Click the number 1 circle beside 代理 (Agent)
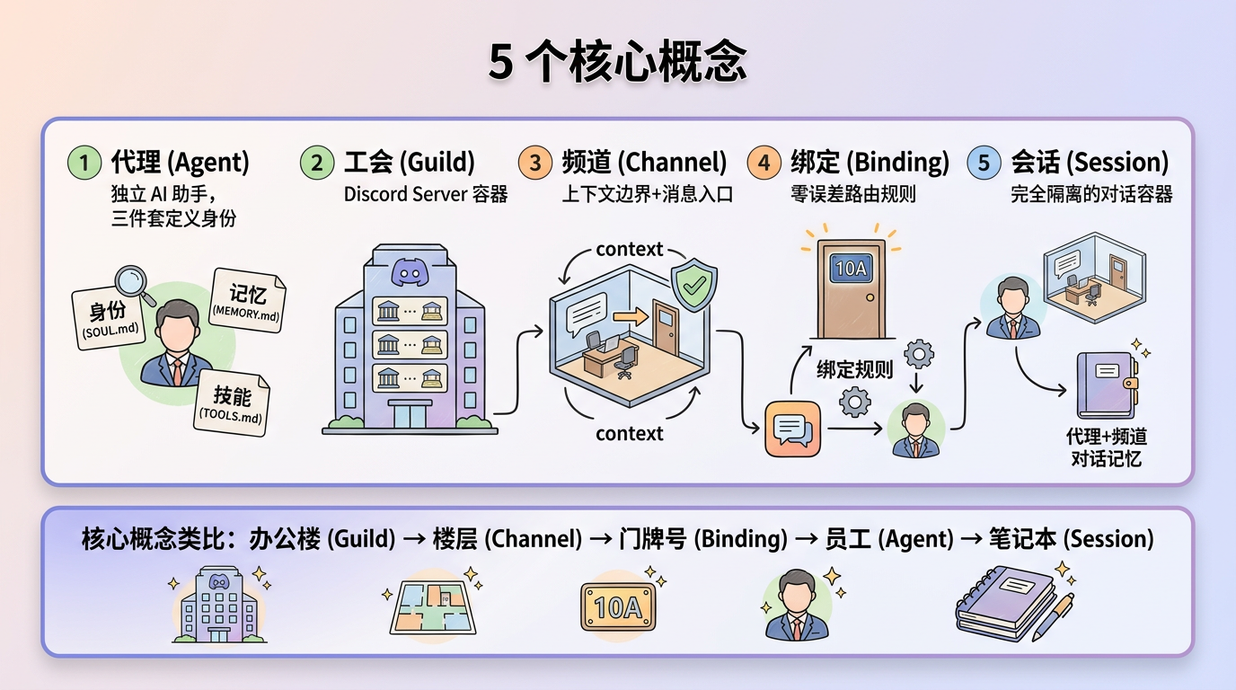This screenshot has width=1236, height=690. pyautogui.click(x=84, y=163)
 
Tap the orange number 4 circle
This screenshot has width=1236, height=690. pyautogui.click(x=764, y=163)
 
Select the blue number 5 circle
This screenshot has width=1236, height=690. pyautogui.click(x=984, y=163)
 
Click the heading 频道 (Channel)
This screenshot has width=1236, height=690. pyautogui.click(x=643, y=163)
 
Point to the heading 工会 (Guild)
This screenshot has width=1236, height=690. pyautogui.click(x=409, y=163)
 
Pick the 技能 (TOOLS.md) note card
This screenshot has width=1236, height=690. pyautogui.click(x=232, y=402)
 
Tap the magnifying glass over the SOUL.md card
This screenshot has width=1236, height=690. pyautogui.click(x=133, y=281)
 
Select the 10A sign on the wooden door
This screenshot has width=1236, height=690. pyautogui.click(x=850, y=268)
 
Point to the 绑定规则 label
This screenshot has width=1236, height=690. pyautogui.click(x=854, y=369)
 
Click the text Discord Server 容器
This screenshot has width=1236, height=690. pyautogui.click(x=426, y=194)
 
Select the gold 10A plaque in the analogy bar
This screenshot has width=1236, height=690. pyautogui.click(x=617, y=606)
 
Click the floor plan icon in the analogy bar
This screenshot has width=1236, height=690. pyautogui.click(x=432, y=605)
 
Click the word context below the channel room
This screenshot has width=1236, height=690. pyautogui.click(x=629, y=433)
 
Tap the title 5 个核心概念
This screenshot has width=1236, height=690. pyautogui.click(x=618, y=62)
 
